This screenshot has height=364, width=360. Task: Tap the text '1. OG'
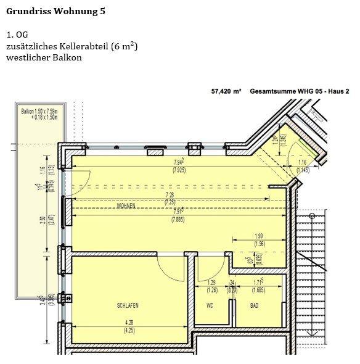18,35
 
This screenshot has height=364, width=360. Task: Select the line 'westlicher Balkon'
44,57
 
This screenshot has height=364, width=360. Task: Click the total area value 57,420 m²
226,91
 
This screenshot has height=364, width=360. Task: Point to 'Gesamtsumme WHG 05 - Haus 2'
300,91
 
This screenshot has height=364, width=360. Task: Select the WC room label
210,305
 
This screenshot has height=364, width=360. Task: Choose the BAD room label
254,305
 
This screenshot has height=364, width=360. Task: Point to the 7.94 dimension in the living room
179,163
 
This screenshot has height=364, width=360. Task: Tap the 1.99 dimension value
259,236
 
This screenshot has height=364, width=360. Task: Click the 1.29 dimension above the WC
212,283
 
